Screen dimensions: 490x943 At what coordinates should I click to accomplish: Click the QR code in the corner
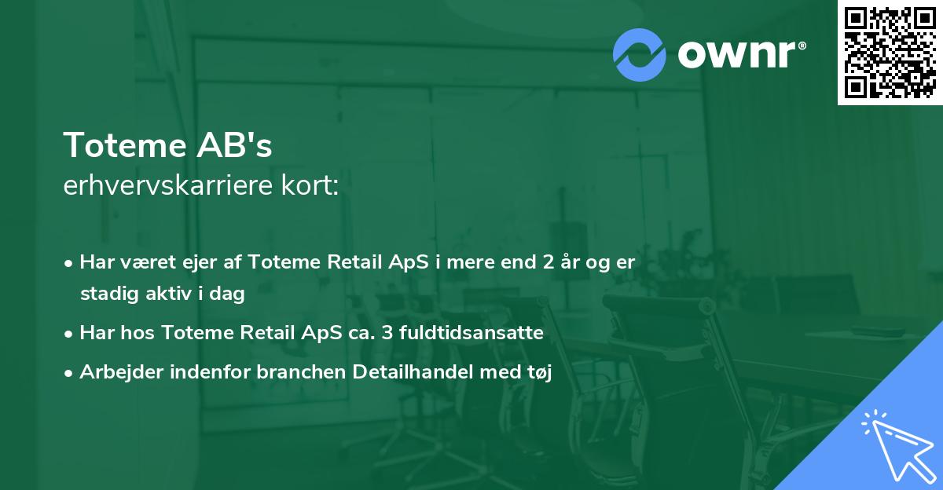tap(890, 53)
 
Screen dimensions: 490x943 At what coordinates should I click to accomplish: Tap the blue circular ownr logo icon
tap(640, 54)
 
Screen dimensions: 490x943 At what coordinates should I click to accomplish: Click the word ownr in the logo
tap(739, 54)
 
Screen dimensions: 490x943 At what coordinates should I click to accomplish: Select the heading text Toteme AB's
tap(167, 145)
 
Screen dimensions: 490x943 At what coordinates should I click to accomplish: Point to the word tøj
tap(539, 373)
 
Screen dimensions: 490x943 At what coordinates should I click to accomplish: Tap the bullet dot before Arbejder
tap(70, 373)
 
